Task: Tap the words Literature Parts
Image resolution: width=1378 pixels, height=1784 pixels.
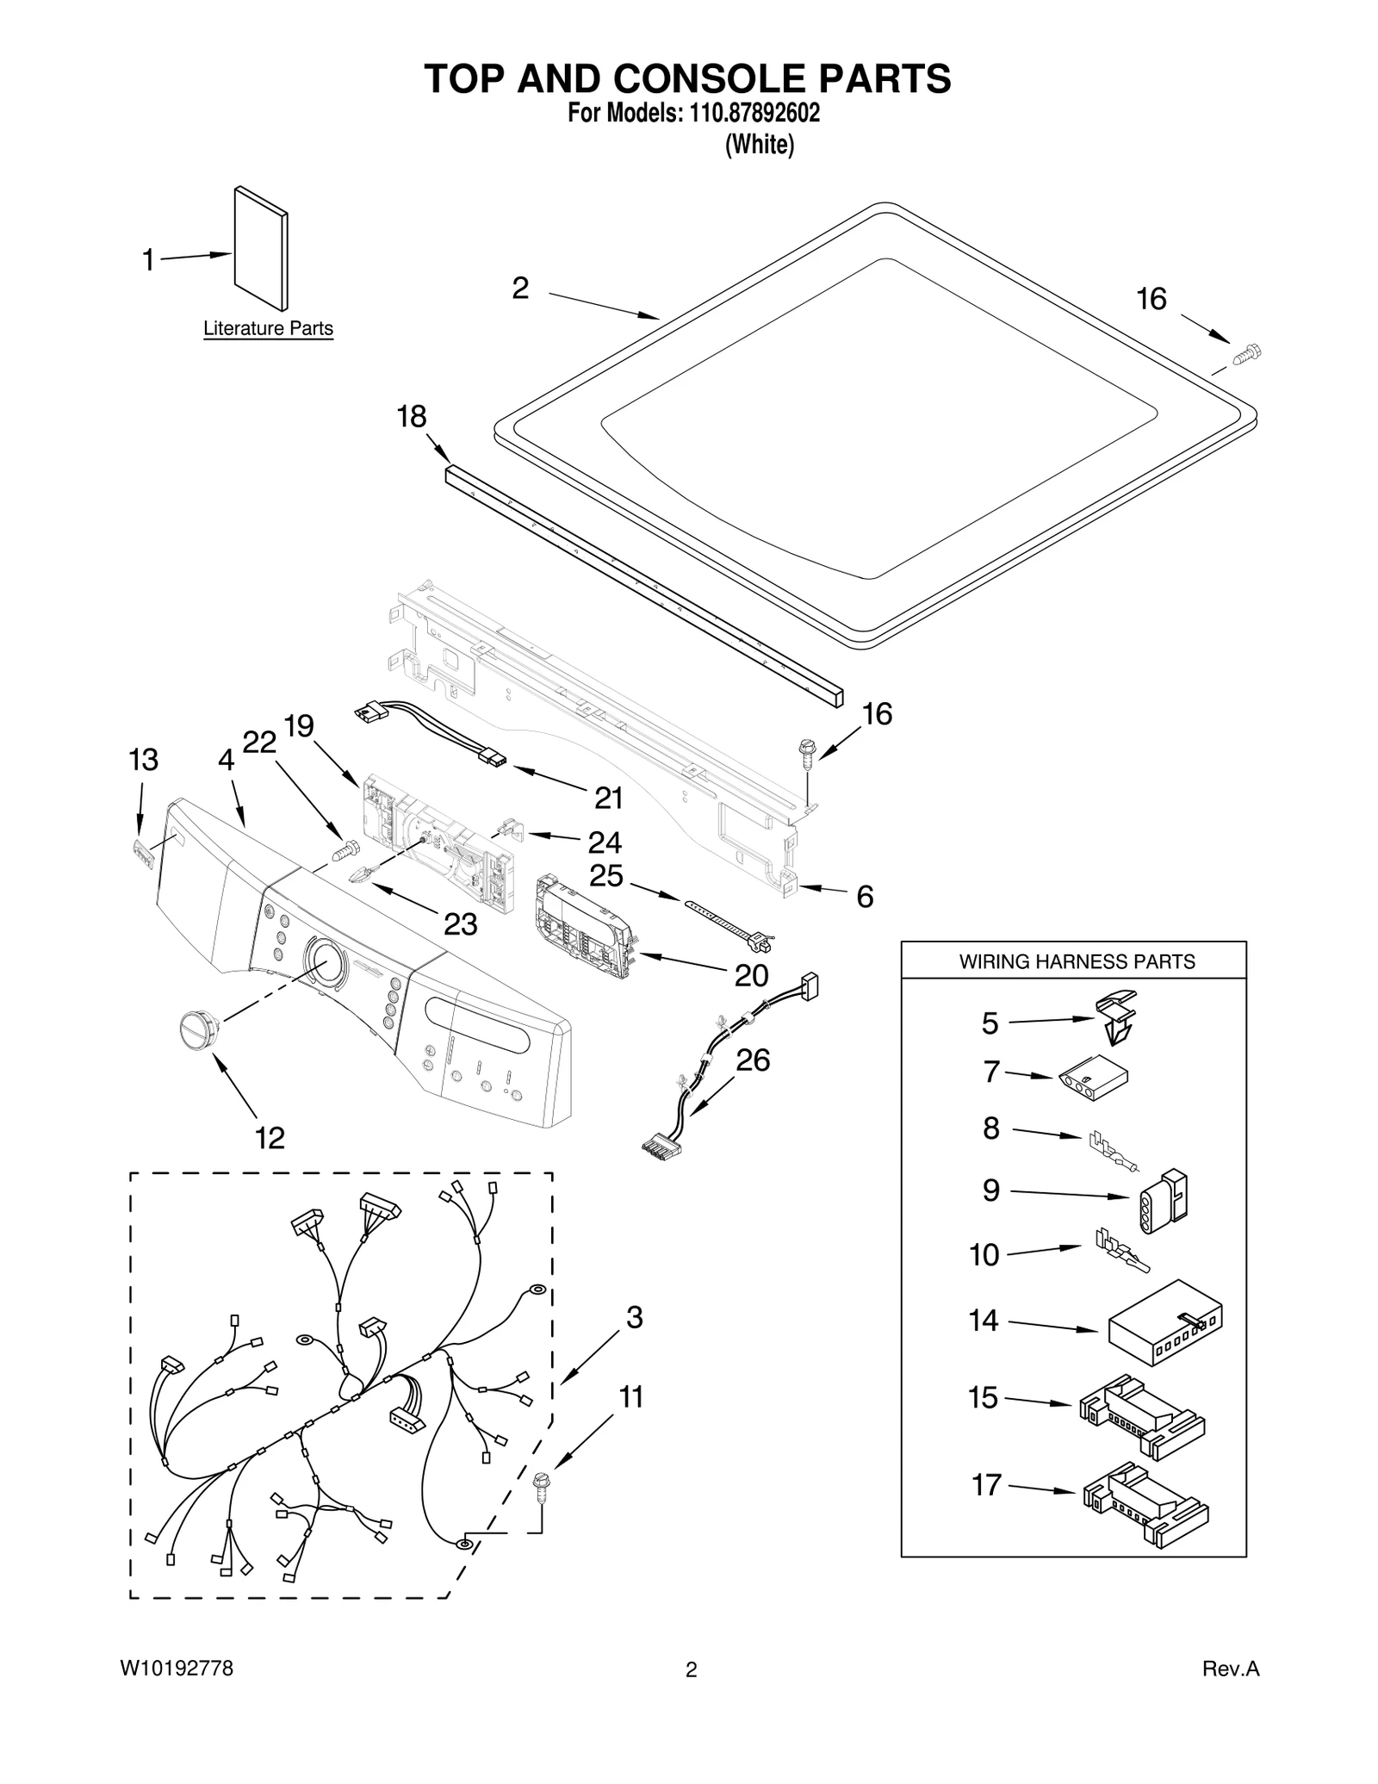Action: [x=268, y=328]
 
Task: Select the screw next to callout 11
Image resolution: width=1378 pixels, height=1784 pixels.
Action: [x=541, y=1487]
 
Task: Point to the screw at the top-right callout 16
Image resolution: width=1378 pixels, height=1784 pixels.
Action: [x=1246, y=354]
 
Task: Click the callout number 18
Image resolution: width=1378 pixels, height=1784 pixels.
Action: [x=411, y=417]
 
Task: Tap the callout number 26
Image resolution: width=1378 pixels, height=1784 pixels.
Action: [x=752, y=1060]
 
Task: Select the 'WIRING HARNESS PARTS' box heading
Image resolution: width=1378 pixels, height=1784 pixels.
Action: [x=1077, y=961]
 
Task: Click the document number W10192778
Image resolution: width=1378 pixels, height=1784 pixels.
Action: [x=176, y=1693]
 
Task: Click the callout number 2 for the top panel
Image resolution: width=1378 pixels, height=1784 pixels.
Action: [x=520, y=289]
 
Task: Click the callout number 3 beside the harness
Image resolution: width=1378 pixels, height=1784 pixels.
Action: [x=634, y=1317]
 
